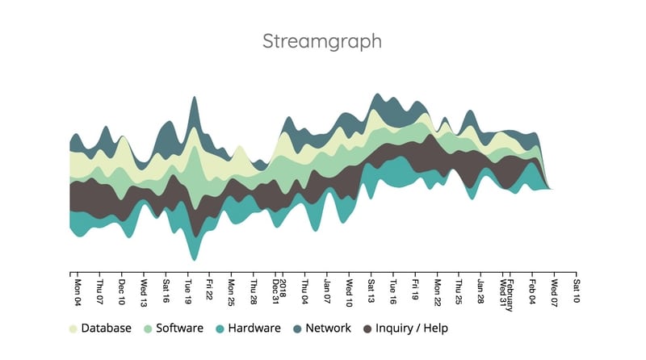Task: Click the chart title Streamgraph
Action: [x=322, y=41]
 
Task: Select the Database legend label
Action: [x=106, y=329]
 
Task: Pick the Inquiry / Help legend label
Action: [x=411, y=329]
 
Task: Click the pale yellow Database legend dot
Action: [x=73, y=329]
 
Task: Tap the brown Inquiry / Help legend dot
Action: [x=368, y=329]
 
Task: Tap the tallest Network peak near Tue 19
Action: [x=193, y=101]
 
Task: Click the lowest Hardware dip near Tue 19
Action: [x=193, y=257]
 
